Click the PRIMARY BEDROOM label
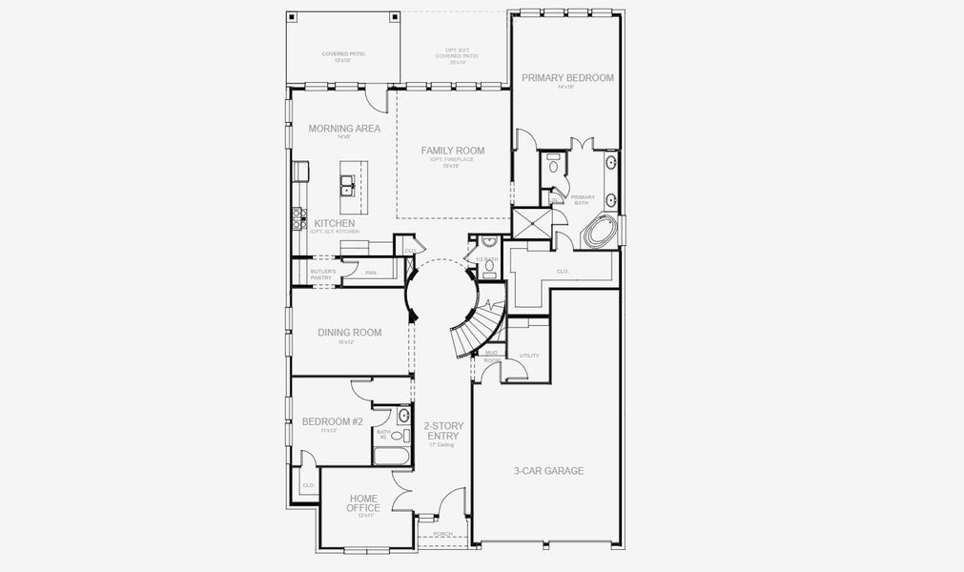pos(567,77)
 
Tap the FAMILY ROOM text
pos(453,151)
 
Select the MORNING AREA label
pos(344,129)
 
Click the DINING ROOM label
pos(349,333)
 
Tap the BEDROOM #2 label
pos(333,421)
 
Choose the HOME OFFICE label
pos(363,503)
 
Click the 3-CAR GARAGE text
pos(548,471)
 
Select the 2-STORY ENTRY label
pos(441,431)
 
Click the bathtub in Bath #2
pos(389,455)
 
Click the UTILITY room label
pos(528,356)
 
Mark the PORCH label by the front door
pos(442,534)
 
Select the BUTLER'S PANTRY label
pos(323,275)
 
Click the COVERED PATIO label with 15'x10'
pos(342,56)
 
